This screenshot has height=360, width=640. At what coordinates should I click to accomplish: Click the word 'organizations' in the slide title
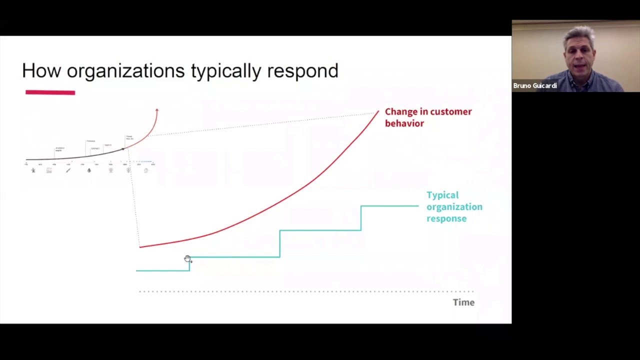tap(125, 71)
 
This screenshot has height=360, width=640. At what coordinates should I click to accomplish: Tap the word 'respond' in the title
tap(302, 71)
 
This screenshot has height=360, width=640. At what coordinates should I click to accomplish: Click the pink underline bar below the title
tap(50, 92)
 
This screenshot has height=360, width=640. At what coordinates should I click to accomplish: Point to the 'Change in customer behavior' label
tap(428, 117)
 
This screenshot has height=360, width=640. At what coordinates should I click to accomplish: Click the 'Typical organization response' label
tap(454, 206)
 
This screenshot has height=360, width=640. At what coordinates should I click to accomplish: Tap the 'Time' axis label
tap(463, 302)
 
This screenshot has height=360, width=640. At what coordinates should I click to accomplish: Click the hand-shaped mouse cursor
tap(187, 258)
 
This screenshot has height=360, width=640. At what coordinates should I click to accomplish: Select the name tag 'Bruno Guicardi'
tap(535, 85)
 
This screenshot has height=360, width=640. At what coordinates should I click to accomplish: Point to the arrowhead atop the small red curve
tap(156, 110)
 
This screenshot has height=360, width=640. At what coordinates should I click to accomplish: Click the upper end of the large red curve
tap(377, 112)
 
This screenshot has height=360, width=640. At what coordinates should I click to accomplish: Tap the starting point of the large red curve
tap(140, 246)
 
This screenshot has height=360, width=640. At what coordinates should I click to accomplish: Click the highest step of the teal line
tap(389, 205)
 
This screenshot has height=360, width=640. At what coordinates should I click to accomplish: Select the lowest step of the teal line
tap(162, 270)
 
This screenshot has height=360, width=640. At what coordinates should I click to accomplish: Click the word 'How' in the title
tap(41, 71)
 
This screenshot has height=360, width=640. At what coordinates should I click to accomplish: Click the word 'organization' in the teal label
tap(454, 206)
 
